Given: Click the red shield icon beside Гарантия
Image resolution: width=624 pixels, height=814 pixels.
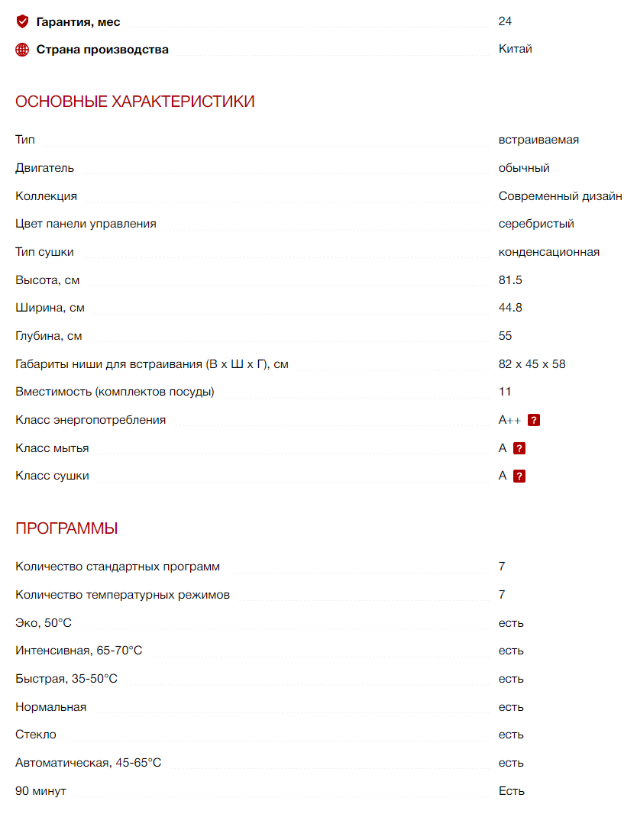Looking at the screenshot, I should pyautogui.click(x=22, y=21).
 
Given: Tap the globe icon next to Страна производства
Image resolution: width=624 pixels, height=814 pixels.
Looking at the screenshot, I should pyautogui.click(x=22, y=50).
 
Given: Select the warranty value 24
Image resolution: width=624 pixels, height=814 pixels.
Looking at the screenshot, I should pyautogui.click(x=505, y=21).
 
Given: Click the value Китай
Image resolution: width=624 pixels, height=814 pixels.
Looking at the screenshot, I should pyautogui.click(x=516, y=49).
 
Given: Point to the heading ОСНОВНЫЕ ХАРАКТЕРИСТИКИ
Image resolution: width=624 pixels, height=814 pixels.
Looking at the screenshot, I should pyautogui.click(x=135, y=102).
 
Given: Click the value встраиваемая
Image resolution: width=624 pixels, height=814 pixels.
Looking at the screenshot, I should pyautogui.click(x=538, y=140).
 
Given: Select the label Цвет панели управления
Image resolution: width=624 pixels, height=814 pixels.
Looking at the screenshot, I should pyautogui.click(x=86, y=224).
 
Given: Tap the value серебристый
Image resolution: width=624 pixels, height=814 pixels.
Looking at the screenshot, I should pyautogui.click(x=536, y=224).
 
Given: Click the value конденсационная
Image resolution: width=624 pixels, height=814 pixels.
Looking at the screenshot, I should pyautogui.click(x=549, y=252).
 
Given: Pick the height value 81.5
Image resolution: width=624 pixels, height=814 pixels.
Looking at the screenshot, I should pyautogui.click(x=510, y=280).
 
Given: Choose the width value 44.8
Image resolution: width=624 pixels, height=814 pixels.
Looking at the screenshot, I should pyautogui.click(x=510, y=308).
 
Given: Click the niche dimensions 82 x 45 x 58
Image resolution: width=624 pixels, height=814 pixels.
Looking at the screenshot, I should pyautogui.click(x=532, y=364).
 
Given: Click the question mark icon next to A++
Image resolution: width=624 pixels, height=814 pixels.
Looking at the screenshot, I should pyautogui.click(x=535, y=420).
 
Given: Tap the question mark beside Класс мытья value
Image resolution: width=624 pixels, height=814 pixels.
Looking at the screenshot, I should pyautogui.click(x=519, y=448).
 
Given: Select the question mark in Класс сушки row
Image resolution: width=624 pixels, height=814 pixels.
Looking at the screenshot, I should pyautogui.click(x=519, y=476).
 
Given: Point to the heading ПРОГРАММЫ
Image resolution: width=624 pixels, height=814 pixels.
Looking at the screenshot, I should pyautogui.click(x=66, y=528).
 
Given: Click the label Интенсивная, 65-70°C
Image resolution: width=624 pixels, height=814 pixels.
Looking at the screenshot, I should pyautogui.click(x=79, y=651).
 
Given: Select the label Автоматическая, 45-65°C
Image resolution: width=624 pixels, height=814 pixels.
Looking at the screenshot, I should pyautogui.click(x=89, y=763).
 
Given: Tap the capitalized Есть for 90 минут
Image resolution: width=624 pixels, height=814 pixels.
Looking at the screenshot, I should pyautogui.click(x=512, y=791).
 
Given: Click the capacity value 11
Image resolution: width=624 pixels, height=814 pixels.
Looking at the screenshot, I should pyautogui.click(x=505, y=392).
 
